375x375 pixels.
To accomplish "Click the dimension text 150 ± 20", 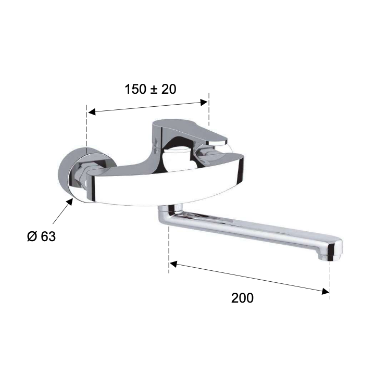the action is pyautogui.click(x=151, y=89).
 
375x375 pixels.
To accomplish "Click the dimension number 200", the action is pyautogui.click(x=242, y=298).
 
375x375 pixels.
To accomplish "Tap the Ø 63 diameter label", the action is pyautogui.click(x=41, y=236).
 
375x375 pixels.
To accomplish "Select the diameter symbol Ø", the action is pyautogui.click(x=32, y=236).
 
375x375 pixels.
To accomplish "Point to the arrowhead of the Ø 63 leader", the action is pyautogui.click(x=70, y=202).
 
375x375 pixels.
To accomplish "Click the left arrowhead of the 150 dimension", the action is pyautogui.click(x=92, y=111).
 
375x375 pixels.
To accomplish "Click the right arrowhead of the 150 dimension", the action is pyautogui.click(x=204, y=103).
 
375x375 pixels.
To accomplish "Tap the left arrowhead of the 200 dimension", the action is pyautogui.click(x=173, y=264).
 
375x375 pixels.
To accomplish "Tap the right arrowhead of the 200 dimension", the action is pyautogui.click(x=326, y=291).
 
